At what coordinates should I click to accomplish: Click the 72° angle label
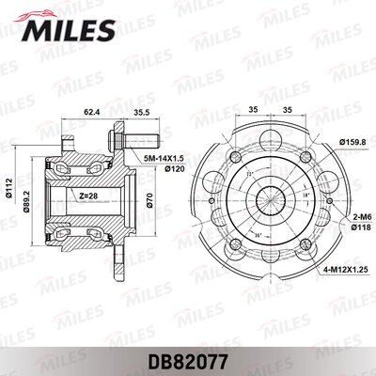249,176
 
